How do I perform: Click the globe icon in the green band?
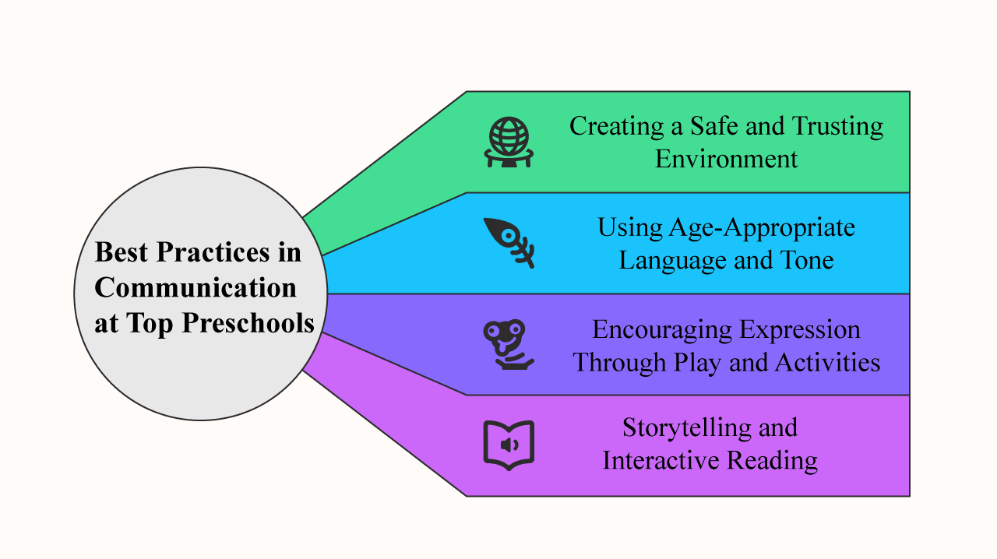(x=509, y=142)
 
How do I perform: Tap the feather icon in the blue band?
(x=509, y=242)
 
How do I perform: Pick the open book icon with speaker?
(x=508, y=445)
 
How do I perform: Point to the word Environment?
(x=726, y=159)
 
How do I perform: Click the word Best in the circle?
(x=122, y=252)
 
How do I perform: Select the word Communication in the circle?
(x=196, y=287)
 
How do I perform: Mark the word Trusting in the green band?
(x=837, y=126)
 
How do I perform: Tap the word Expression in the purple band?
(x=799, y=329)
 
